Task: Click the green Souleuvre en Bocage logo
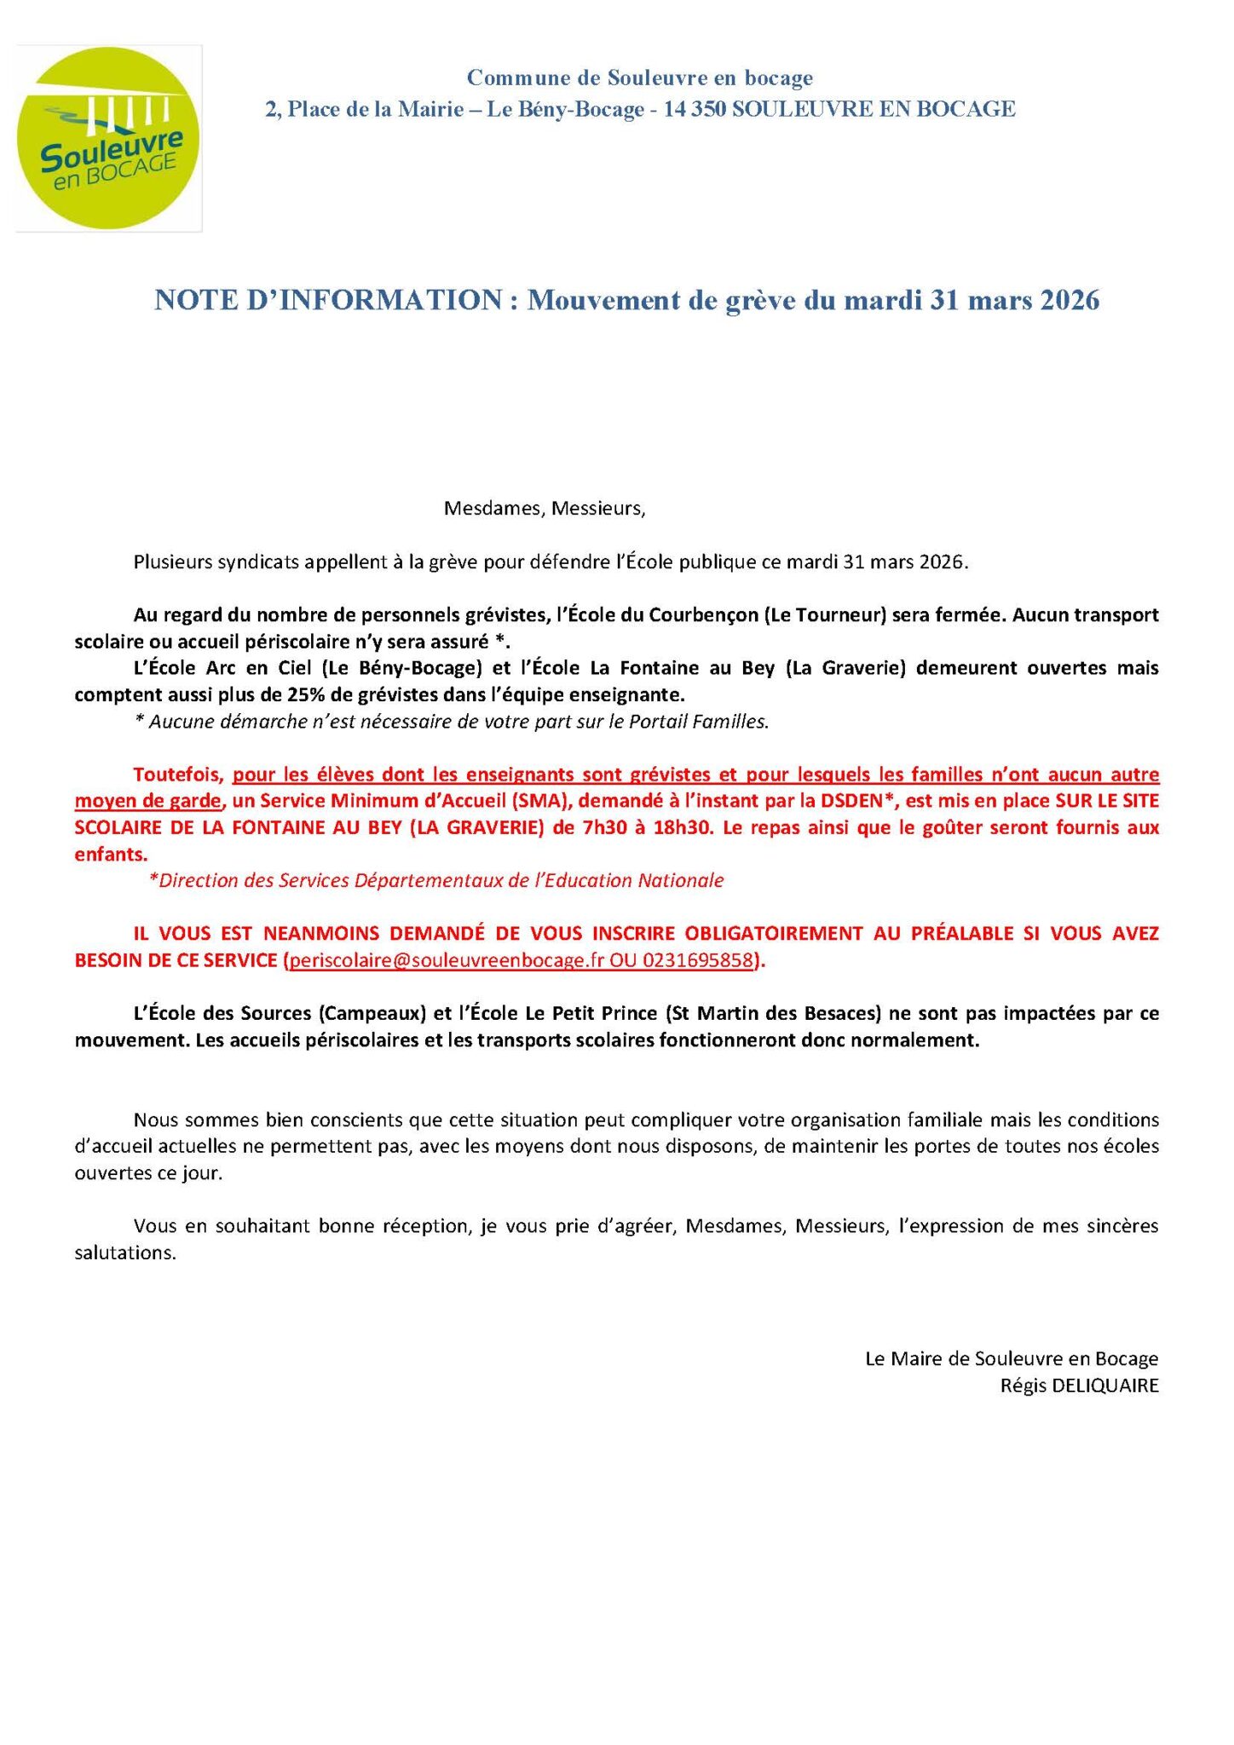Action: click(x=108, y=138)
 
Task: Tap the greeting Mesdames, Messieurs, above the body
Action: click(x=545, y=510)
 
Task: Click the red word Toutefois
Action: click(x=178, y=775)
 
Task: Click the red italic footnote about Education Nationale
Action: click(x=436, y=880)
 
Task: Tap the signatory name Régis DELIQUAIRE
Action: click(x=1079, y=1385)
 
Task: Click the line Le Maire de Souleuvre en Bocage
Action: click(x=1012, y=1359)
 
